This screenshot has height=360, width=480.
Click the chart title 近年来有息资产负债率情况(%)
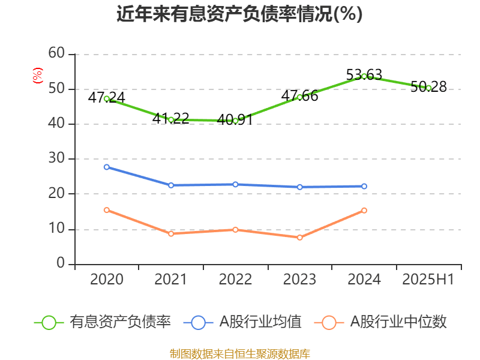pos(239,14)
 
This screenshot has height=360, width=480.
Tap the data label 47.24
pos(106,97)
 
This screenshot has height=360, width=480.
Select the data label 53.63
pos(364,75)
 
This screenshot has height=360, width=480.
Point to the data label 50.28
pos(428,87)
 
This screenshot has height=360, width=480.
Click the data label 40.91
pos(235,119)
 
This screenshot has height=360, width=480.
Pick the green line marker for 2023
pos(300,97)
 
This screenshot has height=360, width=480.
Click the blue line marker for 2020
pos(107,167)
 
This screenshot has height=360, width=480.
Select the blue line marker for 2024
pos(364,187)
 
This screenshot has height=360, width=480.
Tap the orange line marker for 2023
pos(300,238)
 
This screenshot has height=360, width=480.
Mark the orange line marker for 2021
pos(171,233)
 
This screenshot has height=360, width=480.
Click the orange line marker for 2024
pos(364,211)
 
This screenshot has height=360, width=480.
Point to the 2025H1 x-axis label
pos(428,280)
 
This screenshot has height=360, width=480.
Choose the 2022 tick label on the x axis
pos(235,280)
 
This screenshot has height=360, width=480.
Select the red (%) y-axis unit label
pos(38,75)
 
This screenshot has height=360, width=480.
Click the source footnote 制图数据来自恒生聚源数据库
pos(239,353)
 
